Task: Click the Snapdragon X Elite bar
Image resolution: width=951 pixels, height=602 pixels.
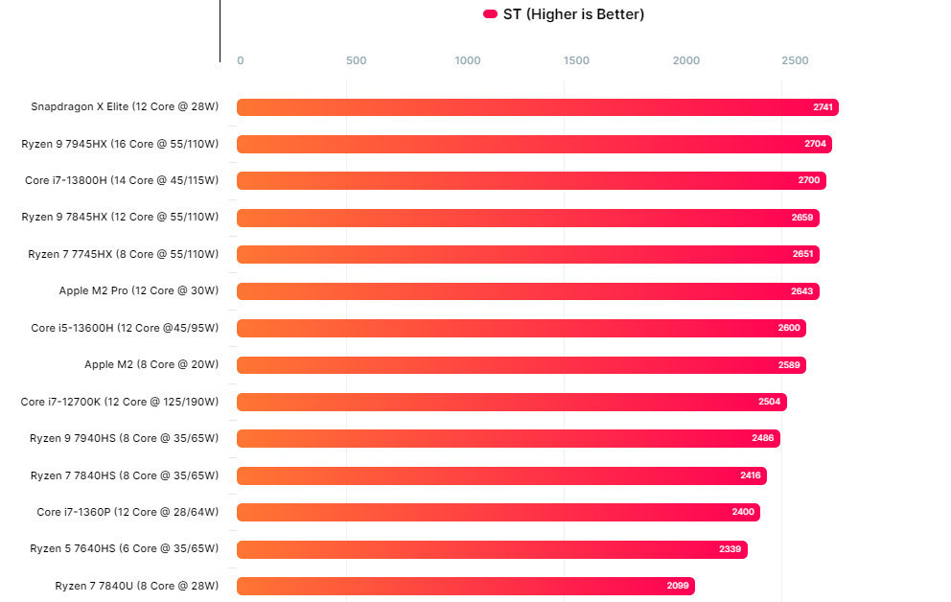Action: tap(537, 107)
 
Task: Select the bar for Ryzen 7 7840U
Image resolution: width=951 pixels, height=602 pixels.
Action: tap(465, 586)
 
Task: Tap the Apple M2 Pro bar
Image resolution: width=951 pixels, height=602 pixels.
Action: tap(527, 291)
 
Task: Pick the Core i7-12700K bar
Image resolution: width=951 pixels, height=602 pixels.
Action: tap(511, 402)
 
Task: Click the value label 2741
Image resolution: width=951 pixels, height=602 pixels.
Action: tap(823, 107)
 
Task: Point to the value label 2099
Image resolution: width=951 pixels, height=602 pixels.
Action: tap(678, 586)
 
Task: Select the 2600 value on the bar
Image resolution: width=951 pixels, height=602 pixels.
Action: tap(789, 328)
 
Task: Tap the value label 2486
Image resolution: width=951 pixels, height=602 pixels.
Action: tap(763, 438)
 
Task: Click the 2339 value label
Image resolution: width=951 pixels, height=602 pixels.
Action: tap(730, 549)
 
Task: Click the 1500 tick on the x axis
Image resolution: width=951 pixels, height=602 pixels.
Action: tap(577, 61)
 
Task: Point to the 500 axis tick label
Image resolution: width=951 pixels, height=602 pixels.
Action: tap(356, 61)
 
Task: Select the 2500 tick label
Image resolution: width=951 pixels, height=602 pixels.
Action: tap(795, 61)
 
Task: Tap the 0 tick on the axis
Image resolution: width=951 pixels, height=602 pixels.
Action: tap(241, 61)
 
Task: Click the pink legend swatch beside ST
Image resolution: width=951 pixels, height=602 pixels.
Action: tap(490, 14)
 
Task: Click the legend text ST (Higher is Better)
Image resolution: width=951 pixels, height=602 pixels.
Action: tap(573, 14)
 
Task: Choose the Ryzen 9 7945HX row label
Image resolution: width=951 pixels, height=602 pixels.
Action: tap(120, 144)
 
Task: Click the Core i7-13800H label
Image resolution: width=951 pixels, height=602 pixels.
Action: tap(122, 180)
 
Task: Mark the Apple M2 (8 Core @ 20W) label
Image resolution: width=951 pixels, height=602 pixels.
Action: tap(151, 364)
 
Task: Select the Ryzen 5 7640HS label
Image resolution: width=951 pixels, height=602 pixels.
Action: tap(124, 549)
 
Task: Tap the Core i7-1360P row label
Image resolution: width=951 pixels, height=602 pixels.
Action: tap(128, 512)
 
